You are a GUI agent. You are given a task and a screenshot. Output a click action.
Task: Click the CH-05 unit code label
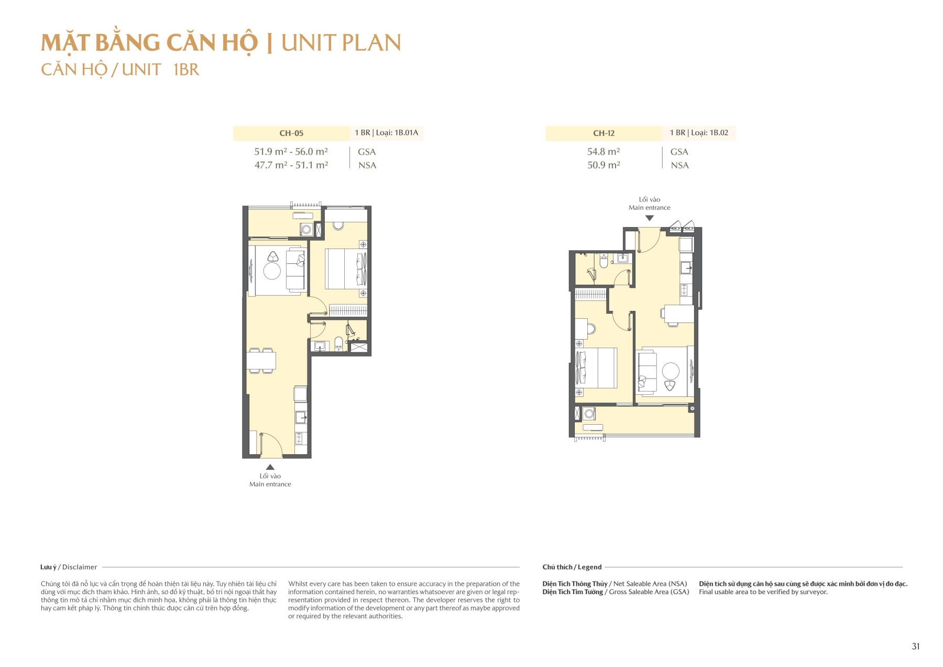tap(291, 133)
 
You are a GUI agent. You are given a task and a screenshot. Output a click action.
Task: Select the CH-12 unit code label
tap(604, 133)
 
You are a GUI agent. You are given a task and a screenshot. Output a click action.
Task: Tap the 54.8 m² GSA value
tap(604, 152)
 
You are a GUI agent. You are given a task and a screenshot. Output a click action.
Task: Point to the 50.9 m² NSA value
tap(604, 165)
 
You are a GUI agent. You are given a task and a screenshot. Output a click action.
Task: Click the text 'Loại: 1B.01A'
tap(397, 133)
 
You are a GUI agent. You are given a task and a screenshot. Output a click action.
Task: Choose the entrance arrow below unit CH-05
tap(270, 467)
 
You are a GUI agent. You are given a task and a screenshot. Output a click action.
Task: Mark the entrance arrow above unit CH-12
tap(650, 218)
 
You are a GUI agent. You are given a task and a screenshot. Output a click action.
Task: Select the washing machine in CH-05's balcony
tap(306, 230)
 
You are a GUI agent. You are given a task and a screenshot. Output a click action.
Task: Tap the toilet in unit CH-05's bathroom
tap(338, 343)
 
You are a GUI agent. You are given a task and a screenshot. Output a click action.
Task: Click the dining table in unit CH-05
tap(261, 361)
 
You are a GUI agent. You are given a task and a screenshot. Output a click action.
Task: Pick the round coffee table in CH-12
tap(671, 371)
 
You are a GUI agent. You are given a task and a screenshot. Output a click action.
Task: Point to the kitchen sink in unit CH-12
tap(686, 268)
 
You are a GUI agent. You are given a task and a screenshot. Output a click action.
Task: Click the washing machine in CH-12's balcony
tap(589, 414)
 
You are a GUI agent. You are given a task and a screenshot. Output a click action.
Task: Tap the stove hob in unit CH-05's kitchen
tap(301, 438)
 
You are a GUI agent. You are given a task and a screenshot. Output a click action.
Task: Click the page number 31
tap(915, 647)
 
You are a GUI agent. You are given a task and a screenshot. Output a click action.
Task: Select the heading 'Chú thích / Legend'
tap(572, 567)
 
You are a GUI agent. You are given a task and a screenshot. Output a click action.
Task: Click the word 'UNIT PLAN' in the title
tap(341, 43)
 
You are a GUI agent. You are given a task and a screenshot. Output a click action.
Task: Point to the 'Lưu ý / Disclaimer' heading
tap(69, 567)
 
